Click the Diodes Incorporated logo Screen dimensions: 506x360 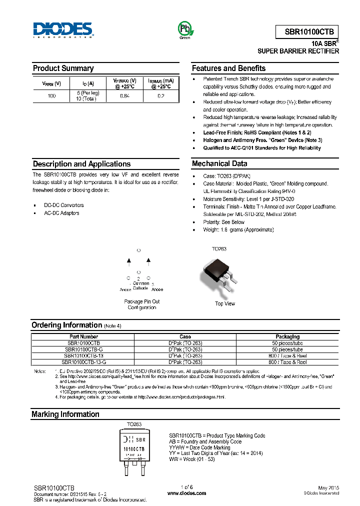pyautogui.click(x=62, y=29)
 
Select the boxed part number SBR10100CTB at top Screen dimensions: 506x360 pyautogui.click(x=308, y=30)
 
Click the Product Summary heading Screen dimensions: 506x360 pyautogui.click(x=63, y=68)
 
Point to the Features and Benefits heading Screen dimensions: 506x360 pyautogui.click(x=228, y=68)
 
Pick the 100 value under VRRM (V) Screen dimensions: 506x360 pyautogui.click(x=51, y=95)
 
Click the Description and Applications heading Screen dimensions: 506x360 pyautogui.click(x=81, y=164)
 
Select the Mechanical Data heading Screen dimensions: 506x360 pyautogui.click(x=219, y=164)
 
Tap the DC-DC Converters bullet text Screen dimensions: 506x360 pyautogui.click(x=63, y=205)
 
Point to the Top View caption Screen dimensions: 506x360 pyautogui.click(x=225, y=303)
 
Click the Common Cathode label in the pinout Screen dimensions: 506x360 pyautogui.click(x=140, y=285)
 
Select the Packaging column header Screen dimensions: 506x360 pyautogui.click(x=287, y=337)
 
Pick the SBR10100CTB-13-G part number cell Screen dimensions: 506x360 pyautogui.click(x=84, y=362)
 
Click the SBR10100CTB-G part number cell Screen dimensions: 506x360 pyautogui.click(x=84, y=349)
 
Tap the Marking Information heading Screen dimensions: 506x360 pyautogui.click(x=65, y=414)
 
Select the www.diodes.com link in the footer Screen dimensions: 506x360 pyautogui.click(x=186, y=493)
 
